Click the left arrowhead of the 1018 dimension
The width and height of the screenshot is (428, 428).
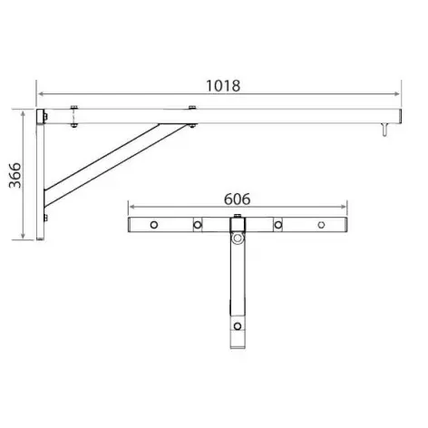click(x=41, y=92)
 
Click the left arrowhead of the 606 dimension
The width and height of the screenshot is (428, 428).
click(x=131, y=206)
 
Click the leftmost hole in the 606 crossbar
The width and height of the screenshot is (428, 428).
click(x=154, y=224)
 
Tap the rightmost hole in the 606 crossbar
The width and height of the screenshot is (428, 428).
click(x=321, y=224)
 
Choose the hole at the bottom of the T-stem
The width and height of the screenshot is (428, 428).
click(x=238, y=326)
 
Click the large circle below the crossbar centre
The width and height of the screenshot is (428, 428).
click(x=238, y=239)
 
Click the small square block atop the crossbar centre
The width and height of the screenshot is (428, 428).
click(x=238, y=217)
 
